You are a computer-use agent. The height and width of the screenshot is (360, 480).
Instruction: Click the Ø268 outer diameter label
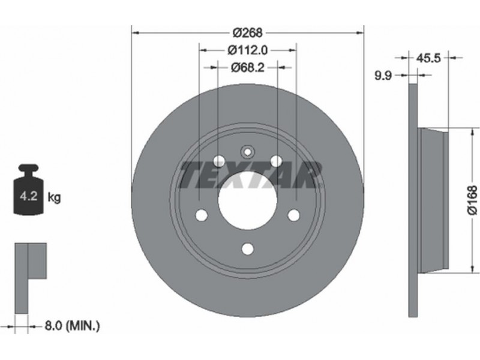(x=247, y=32)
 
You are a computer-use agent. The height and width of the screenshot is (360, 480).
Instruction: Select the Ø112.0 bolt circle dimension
(x=247, y=50)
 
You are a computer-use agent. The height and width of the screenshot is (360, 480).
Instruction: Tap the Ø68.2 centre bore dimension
(x=247, y=67)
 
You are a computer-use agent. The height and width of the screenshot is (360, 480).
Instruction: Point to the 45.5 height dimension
(x=428, y=58)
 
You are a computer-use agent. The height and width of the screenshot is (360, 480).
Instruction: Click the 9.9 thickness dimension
(x=383, y=76)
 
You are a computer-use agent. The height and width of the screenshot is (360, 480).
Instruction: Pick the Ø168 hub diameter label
(x=472, y=200)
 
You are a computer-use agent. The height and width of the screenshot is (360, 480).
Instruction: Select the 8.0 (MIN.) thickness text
(x=72, y=326)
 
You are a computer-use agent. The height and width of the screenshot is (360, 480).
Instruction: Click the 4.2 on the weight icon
(x=28, y=196)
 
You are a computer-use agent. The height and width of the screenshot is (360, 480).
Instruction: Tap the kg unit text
(x=54, y=197)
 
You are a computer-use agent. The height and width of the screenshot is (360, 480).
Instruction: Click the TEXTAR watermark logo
(x=250, y=175)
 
